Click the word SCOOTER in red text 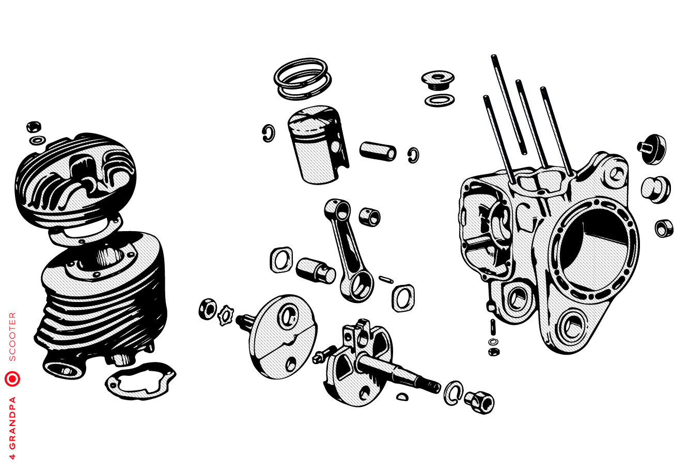[12, 337]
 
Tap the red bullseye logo [12, 379]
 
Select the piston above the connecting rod [318, 145]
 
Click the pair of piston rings [303, 79]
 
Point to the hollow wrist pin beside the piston [378, 152]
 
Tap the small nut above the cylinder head [34, 126]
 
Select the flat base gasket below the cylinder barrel [140, 381]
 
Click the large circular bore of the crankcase [595, 246]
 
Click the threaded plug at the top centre [437, 81]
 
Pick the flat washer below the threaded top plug [440, 100]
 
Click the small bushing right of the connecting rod [370, 217]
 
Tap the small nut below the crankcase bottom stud [494, 352]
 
